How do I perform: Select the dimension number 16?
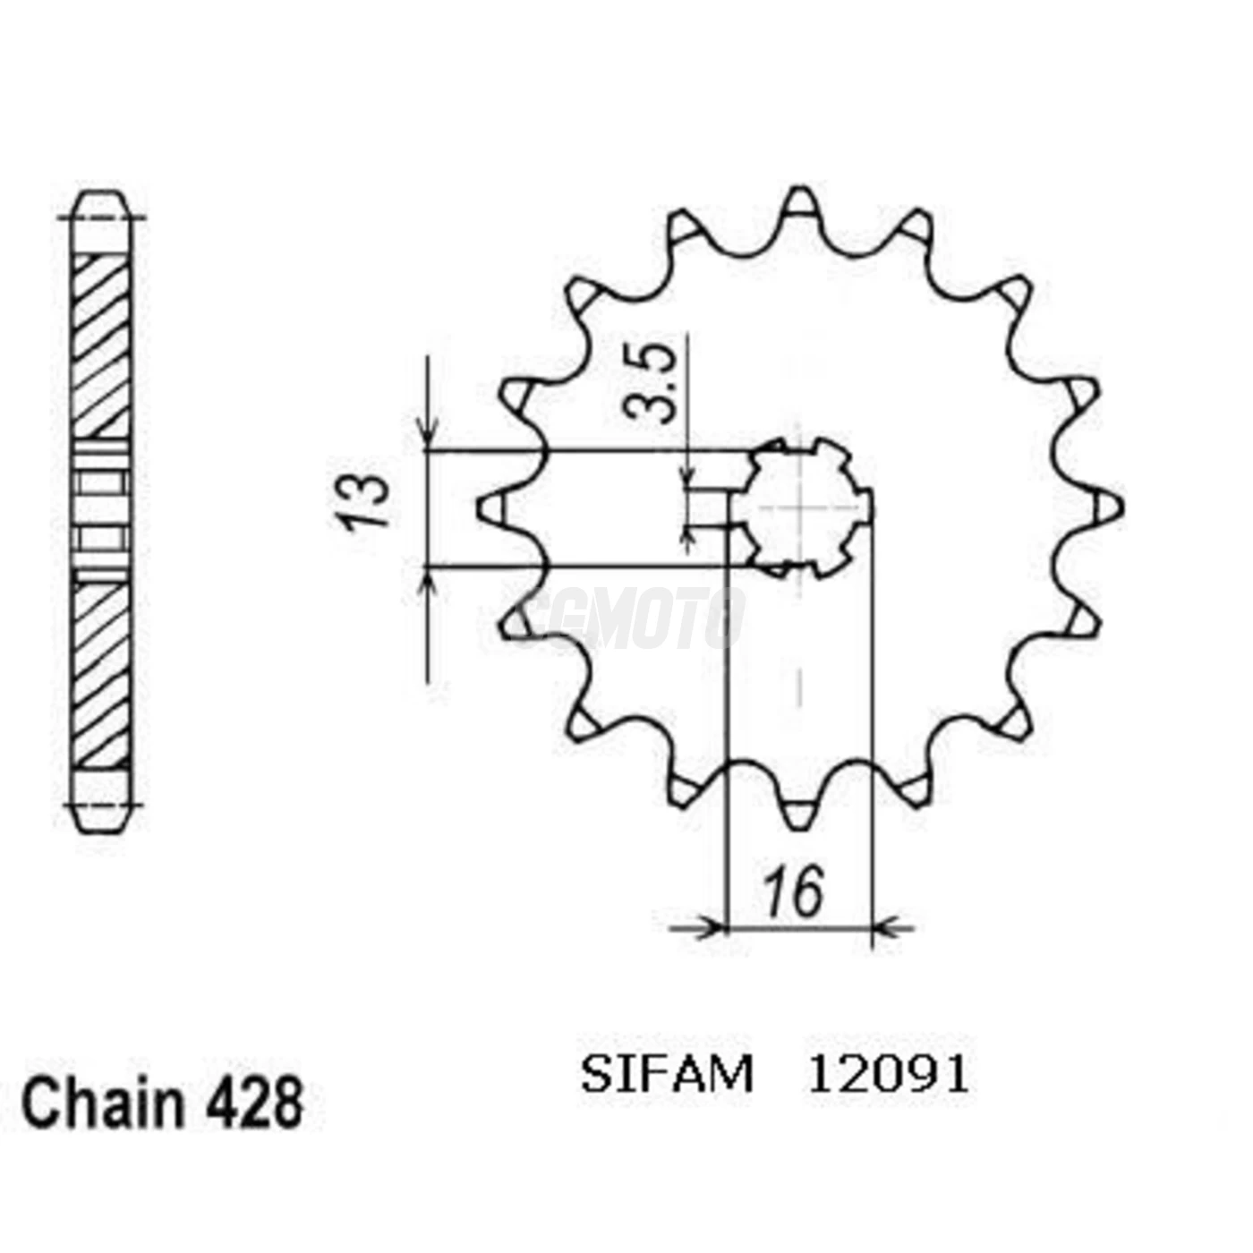coord(794,892)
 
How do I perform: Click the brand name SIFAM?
coord(667,1075)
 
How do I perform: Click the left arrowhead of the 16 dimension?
coord(712,928)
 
